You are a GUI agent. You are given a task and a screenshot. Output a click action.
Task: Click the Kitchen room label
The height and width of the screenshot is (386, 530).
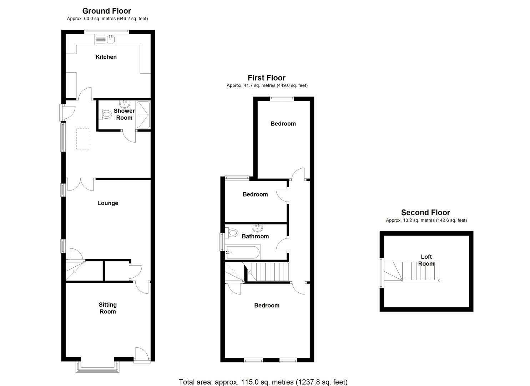tap(106, 57)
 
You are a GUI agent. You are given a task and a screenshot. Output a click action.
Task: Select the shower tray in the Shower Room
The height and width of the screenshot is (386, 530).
tap(143, 114)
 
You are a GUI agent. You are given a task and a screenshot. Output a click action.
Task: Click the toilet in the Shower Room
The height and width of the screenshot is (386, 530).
tap(105, 114)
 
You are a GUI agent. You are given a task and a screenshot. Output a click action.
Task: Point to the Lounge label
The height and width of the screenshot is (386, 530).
tap(107, 203)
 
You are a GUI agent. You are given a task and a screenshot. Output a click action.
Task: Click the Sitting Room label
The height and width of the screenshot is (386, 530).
tap(107, 308)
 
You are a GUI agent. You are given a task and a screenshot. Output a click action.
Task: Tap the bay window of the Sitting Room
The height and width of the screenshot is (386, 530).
tap(97, 368)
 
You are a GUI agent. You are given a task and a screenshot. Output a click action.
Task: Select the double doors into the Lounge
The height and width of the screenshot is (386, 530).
tap(81, 184)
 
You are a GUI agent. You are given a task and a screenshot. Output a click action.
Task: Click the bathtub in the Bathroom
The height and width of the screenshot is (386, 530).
tap(243, 252)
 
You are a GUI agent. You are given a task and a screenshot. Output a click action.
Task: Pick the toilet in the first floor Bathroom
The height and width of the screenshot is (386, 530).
tap(232, 233)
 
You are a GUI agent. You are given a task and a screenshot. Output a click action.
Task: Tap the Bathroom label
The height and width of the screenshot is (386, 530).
tap(255, 236)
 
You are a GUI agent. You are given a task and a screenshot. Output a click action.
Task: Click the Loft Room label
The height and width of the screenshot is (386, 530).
tap(426, 260)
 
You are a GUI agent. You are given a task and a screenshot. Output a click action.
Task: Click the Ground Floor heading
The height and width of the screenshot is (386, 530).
tap(107, 11)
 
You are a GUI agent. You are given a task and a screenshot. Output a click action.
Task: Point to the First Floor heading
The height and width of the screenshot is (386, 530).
tap(267, 78)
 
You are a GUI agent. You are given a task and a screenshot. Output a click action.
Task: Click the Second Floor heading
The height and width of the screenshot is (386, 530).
tap(425, 213)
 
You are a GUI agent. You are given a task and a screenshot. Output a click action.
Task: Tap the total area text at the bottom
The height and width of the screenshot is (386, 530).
tap(263, 382)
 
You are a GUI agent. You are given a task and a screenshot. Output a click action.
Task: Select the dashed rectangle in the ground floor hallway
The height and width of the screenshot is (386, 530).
tap(82, 139)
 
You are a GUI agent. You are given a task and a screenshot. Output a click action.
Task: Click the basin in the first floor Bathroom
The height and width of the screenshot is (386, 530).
tap(257, 228)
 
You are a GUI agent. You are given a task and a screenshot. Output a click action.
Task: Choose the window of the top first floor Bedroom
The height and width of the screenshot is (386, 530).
tap(282, 98)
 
